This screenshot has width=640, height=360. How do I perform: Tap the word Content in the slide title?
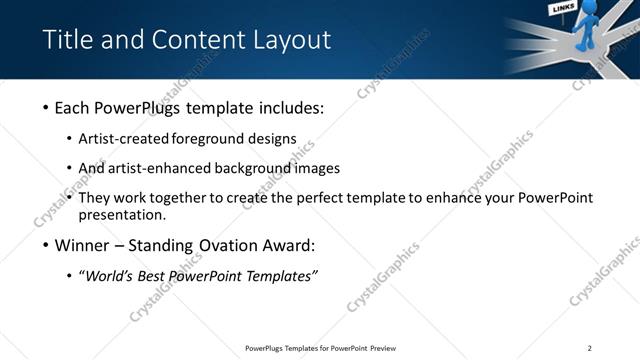point(201,40)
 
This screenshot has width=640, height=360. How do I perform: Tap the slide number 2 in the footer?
point(589,348)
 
